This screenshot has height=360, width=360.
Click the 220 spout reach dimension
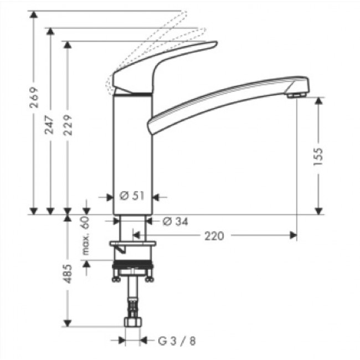(214, 236)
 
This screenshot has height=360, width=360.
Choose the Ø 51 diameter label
(132, 196)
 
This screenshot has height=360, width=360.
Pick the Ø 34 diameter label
(176, 222)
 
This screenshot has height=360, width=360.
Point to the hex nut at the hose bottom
(133, 324)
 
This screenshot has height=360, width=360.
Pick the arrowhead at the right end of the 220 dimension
(293, 236)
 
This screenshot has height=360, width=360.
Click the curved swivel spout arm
(222, 94)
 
